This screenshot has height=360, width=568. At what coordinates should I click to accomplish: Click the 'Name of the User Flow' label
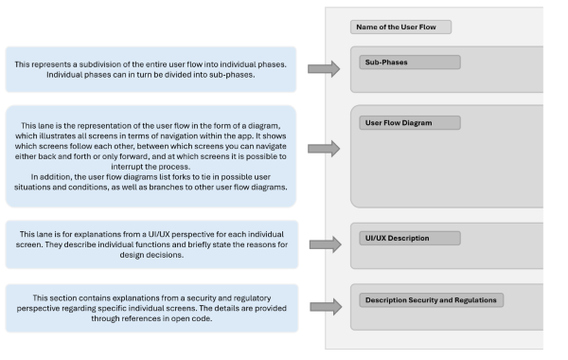[x=399, y=27]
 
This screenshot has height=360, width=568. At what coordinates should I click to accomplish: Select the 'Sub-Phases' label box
[x=409, y=63]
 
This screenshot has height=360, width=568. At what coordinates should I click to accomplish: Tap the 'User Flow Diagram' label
[x=409, y=123]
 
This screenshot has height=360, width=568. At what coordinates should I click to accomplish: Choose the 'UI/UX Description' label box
[x=409, y=238]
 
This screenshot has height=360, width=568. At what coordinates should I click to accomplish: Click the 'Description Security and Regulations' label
[x=431, y=300]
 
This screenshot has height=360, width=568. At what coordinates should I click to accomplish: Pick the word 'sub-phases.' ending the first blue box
[x=235, y=75]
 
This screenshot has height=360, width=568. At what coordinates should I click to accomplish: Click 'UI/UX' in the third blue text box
[x=165, y=232]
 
